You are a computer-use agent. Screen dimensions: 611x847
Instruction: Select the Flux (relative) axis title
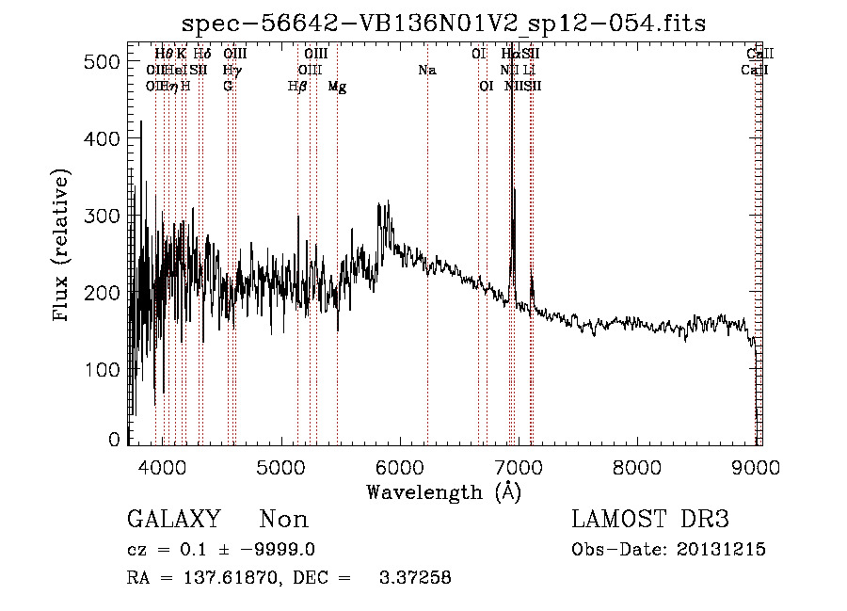[62, 247]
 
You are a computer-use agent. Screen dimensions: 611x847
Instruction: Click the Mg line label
[337, 86]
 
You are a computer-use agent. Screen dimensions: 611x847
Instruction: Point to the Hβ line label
[297, 86]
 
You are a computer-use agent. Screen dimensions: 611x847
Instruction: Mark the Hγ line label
[232, 70]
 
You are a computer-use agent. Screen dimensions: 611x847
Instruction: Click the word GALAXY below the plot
[173, 520]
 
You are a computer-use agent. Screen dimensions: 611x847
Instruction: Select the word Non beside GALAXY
[283, 520]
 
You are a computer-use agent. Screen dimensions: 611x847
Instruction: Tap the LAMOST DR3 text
[649, 520]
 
